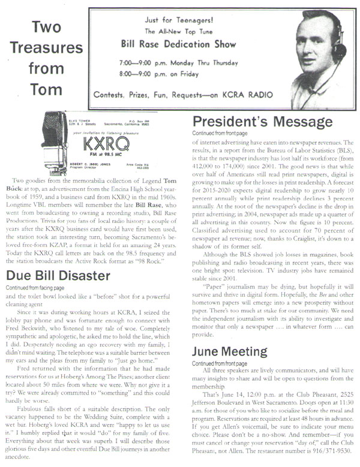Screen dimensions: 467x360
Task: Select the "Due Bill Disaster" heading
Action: [x=61, y=276]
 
